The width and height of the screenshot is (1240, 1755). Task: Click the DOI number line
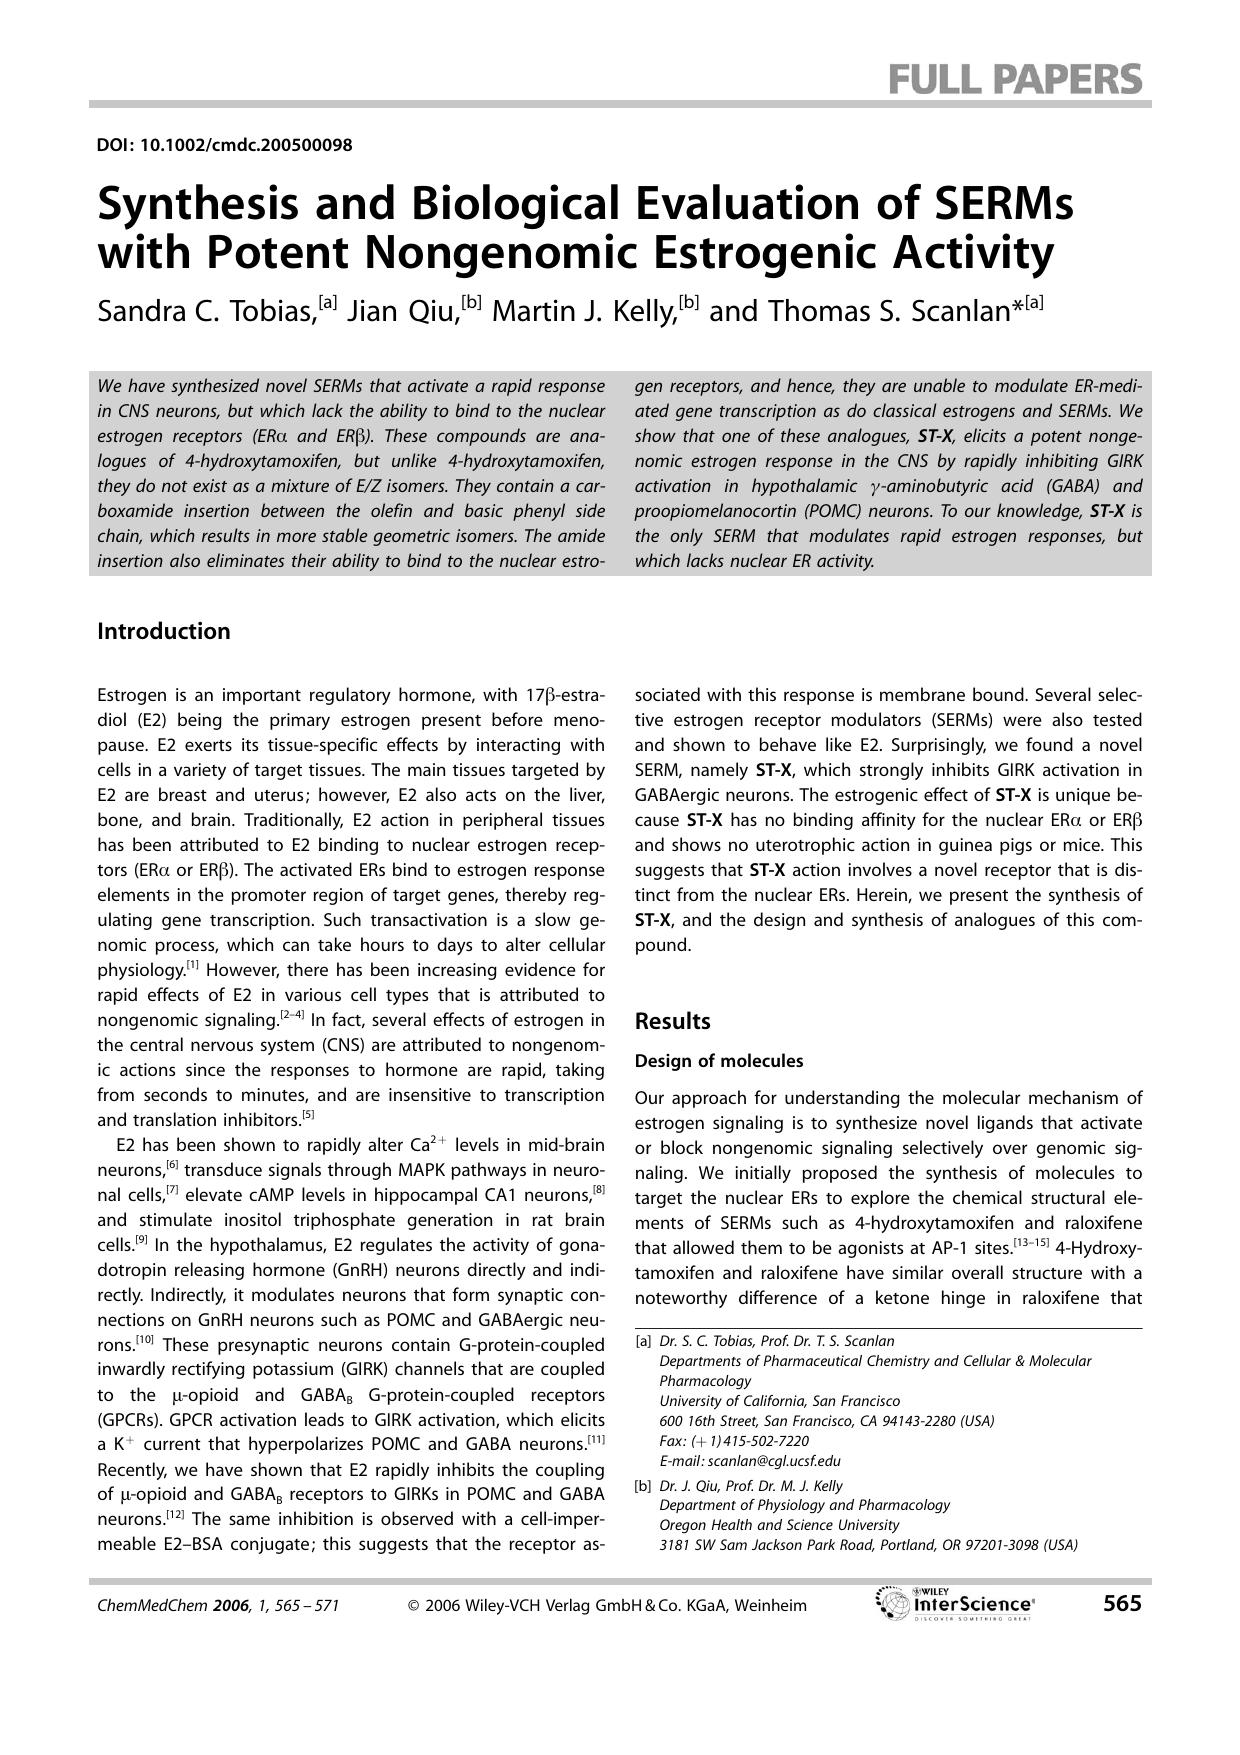(x=225, y=145)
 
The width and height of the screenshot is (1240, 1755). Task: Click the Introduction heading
(x=164, y=631)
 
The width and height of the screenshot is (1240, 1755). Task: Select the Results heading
(x=672, y=1021)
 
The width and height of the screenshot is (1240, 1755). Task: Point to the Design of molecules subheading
(x=719, y=1061)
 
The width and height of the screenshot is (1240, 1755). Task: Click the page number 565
(x=1121, y=1604)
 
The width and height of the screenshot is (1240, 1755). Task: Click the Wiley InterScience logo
(x=955, y=1604)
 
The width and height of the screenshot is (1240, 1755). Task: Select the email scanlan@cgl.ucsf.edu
(x=750, y=1461)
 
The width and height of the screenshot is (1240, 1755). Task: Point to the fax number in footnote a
(x=734, y=1441)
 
